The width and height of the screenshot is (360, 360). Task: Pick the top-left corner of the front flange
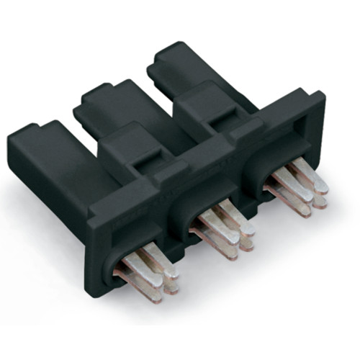point(90,209)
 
